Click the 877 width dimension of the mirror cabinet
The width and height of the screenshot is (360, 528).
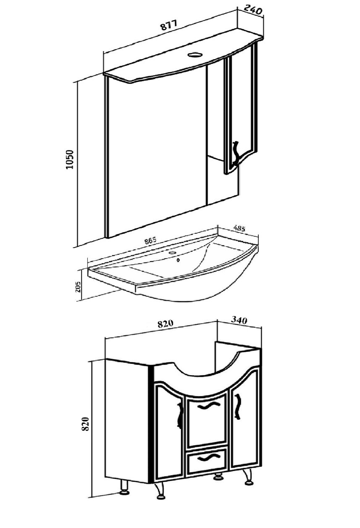click(x=168, y=25)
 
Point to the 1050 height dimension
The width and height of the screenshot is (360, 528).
click(x=70, y=159)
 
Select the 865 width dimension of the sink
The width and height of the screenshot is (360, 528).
click(x=150, y=240)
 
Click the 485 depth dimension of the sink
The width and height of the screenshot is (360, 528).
click(x=239, y=228)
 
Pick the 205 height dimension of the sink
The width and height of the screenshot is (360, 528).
click(x=78, y=287)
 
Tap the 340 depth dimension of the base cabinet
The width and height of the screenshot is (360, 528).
click(x=239, y=320)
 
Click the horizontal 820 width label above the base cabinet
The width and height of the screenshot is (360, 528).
click(x=165, y=324)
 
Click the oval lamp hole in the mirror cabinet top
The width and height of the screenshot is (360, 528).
click(x=194, y=55)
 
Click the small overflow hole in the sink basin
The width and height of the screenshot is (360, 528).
click(x=179, y=260)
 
